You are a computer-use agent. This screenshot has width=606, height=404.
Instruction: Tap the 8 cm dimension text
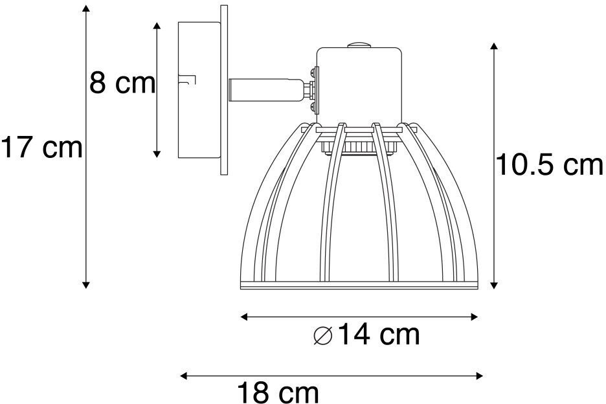(122, 83)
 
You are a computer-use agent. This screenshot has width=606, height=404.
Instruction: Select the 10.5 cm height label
(549, 164)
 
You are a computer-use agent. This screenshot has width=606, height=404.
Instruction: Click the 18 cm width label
(278, 392)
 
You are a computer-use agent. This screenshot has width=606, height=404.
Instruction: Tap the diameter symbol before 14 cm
(323, 335)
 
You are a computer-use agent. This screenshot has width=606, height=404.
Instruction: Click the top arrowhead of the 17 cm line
(86, 9)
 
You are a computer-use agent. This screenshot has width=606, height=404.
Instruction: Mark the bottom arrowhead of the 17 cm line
(86, 284)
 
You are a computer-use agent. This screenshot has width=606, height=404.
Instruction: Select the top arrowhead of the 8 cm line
(157, 27)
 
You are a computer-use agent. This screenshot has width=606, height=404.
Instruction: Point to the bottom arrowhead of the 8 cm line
(157, 154)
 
